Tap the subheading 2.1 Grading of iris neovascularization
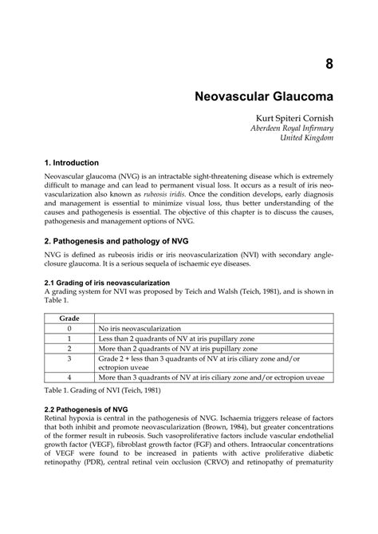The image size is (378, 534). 119,283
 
